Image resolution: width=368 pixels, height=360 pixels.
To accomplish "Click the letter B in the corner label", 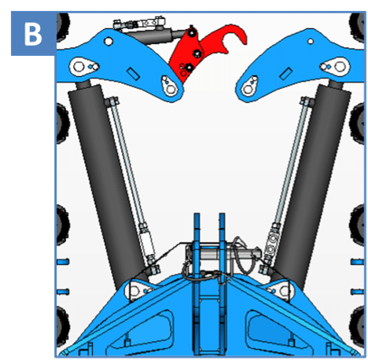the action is click(x=33, y=34).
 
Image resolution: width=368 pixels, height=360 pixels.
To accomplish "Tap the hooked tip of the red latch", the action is click(x=245, y=39).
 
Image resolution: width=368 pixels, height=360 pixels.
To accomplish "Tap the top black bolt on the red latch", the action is click(x=193, y=31).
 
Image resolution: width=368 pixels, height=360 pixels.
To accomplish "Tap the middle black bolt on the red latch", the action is click(x=197, y=53).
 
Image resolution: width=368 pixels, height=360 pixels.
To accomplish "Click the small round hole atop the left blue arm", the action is click(x=108, y=41).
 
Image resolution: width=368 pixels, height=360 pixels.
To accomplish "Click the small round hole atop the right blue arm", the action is click(x=311, y=41).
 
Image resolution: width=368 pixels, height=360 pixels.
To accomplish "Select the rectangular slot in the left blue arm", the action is click(x=133, y=73).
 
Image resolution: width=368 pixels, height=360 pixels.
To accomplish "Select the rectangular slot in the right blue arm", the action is click(x=285, y=73).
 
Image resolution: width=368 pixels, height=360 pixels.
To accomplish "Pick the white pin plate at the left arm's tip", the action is click(x=169, y=86).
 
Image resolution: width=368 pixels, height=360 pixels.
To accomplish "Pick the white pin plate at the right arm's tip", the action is click(x=250, y=86).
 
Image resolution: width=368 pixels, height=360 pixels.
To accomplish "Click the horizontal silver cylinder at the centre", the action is click(x=223, y=253).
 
